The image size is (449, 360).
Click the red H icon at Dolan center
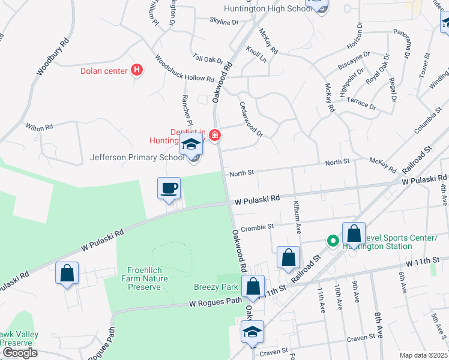point(137,71)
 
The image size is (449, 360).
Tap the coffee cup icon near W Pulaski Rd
point(169,188)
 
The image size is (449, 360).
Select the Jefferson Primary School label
point(137,158)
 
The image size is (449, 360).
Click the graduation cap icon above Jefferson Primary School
point(191,145)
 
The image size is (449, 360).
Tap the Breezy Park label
point(216,287)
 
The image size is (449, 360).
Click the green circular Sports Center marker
point(333,241)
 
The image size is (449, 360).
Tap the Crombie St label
point(257,227)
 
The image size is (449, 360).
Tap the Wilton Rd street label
point(40,127)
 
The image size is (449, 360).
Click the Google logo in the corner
point(19,353)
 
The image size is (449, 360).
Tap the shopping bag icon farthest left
point(67,273)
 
